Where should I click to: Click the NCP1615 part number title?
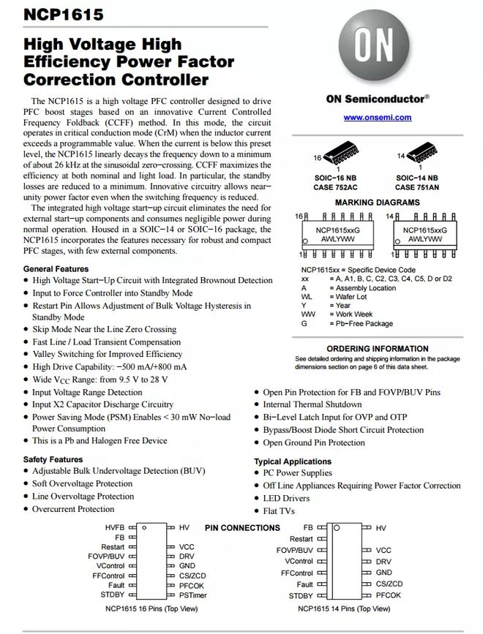53,15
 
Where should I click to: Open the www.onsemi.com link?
377,117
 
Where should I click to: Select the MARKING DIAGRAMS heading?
377,202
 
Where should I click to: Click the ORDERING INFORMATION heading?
377,349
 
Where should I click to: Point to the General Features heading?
56,269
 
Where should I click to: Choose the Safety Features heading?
53,459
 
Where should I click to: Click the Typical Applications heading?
293,461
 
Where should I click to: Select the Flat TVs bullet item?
279,511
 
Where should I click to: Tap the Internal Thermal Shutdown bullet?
312,404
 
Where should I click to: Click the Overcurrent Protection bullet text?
73,509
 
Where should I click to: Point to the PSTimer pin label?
191,595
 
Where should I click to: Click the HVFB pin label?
115,527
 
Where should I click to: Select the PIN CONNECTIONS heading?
242,527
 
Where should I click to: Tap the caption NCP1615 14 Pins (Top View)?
344,608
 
